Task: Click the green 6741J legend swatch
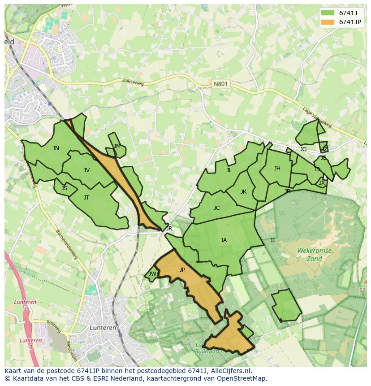(328, 13)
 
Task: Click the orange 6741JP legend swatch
(328, 22)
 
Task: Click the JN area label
(56, 148)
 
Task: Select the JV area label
(86, 170)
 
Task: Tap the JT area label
(86, 198)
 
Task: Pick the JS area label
(64, 188)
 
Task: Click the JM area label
(117, 146)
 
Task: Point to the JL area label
(229, 170)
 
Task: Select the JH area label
(277, 169)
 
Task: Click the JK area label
(243, 192)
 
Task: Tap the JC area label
(216, 208)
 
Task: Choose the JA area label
(224, 240)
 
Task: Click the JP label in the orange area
(182, 270)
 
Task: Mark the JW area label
(152, 274)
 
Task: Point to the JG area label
(303, 149)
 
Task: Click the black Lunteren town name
(103, 328)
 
